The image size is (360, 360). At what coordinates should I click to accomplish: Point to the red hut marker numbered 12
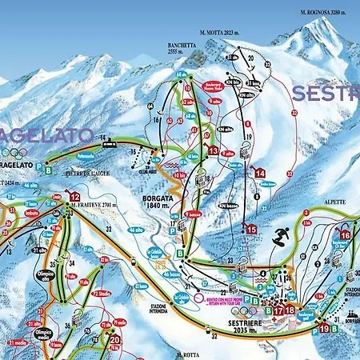[x=75, y=197]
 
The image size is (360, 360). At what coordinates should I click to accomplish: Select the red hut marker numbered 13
[x=213, y=150]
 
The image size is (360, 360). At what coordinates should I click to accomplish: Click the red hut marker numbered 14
[x=260, y=172]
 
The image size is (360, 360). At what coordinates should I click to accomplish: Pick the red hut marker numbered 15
[x=251, y=229]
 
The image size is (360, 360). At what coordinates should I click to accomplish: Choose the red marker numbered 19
[x=324, y=328]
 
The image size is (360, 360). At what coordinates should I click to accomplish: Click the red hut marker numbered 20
[x=114, y=339]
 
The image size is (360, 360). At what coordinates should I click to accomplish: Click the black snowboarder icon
[x=280, y=237]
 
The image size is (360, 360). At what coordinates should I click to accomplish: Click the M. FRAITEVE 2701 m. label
[x=95, y=206]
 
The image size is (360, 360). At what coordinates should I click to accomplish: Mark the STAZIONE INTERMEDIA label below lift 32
[x=162, y=309]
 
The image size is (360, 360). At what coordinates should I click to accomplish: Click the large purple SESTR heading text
[x=325, y=92]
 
